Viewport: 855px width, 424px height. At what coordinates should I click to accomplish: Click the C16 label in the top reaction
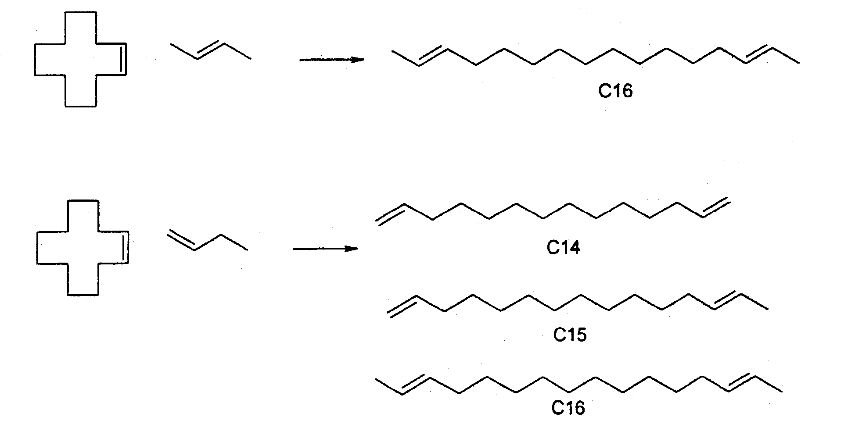[x=615, y=91]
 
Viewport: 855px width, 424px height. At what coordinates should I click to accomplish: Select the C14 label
[x=563, y=248]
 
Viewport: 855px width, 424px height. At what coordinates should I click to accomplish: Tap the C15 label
[x=570, y=335]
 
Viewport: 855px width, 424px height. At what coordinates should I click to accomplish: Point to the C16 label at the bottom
[x=568, y=408]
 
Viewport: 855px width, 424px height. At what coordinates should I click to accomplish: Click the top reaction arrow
[x=332, y=60]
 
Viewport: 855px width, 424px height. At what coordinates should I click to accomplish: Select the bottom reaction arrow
[x=325, y=249]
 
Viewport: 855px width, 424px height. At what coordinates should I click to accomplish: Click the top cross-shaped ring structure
[x=35, y=60]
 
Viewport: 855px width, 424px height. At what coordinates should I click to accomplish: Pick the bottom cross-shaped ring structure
[x=36, y=248]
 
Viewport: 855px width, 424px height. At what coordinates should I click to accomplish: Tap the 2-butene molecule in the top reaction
[x=210, y=51]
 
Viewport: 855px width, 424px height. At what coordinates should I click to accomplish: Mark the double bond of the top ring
[x=124, y=60]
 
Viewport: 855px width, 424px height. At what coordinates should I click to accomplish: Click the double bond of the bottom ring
[x=126, y=247]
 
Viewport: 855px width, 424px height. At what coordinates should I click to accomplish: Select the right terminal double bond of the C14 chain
[x=715, y=207]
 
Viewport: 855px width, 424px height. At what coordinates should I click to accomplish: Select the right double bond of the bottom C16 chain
[x=741, y=382]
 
